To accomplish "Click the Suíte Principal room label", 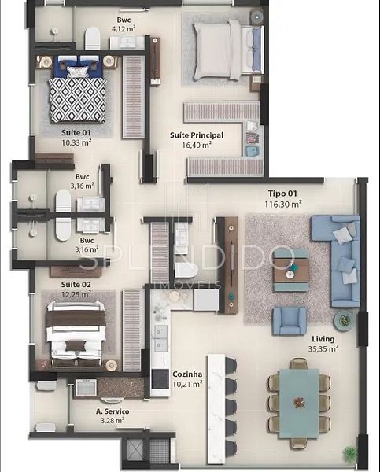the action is click(197, 135).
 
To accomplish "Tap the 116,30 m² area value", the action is click(283, 204).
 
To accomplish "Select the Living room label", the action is click(323, 339).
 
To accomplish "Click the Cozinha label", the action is click(187, 374).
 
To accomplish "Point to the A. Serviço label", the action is click(113, 411).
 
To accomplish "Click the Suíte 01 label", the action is click(76, 132).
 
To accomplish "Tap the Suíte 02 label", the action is click(76, 285).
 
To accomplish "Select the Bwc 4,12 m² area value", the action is click(124, 29).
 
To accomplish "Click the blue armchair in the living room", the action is click(289, 321).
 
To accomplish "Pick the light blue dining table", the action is click(299, 404).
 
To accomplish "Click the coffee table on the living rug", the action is click(290, 271).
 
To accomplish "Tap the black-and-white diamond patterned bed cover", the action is click(78, 100).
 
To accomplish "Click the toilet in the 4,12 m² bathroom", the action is click(92, 39).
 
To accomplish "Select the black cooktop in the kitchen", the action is click(160, 379).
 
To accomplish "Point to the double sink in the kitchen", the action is click(160, 338).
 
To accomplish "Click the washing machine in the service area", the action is click(86, 387).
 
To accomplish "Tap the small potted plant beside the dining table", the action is click(349, 453).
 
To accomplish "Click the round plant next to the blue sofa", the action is click(344, 320).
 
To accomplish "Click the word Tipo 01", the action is click(282, 194).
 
